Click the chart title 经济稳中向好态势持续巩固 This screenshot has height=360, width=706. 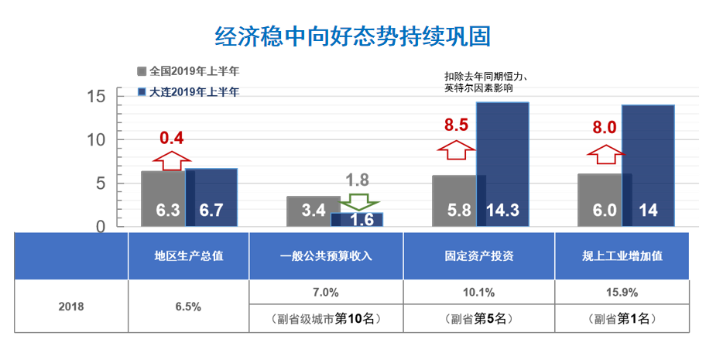point(352,36)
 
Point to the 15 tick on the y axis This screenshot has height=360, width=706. point(96,97)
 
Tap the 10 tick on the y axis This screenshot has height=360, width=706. point(96,140)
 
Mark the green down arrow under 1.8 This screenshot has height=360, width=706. point(357,201)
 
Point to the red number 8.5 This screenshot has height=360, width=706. point(456,125)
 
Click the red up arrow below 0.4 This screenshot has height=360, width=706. point(171,159)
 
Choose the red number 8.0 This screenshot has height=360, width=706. point(604,128)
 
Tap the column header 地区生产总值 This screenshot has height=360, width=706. point(189,256)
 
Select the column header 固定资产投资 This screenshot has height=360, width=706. point(479,256)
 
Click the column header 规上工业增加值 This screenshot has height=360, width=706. point(622,256)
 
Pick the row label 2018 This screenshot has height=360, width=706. point(71,306)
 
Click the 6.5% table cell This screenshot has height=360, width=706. point(189,306)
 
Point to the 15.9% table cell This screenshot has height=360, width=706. point(622,293)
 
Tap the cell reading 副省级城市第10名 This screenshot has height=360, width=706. point(326,318)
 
